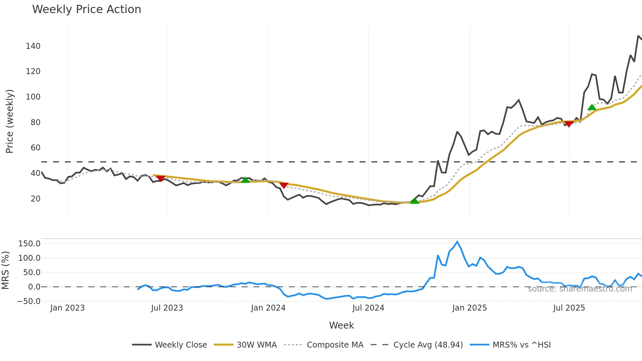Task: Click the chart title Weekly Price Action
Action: tap(86, 9)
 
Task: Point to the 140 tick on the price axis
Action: tap(33, 46)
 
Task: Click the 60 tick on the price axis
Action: tap(35, 148)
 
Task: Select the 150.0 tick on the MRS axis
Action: tap(29, 244)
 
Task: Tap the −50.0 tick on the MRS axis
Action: tap(29, 301)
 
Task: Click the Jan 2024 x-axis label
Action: tap(268, 308)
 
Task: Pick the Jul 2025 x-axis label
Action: tap(569, 308)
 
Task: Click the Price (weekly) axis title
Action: tap(10, 121)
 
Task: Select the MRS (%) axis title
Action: tap(5, 270)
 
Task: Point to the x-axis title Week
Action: tap(341, 325)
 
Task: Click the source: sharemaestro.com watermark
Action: tap(580, 289)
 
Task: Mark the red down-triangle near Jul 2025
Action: tap(569, 124)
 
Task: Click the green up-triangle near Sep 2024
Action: tap(415, 200)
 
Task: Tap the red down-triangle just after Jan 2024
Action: tap(284, 185)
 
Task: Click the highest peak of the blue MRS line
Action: tap(457, 242)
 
